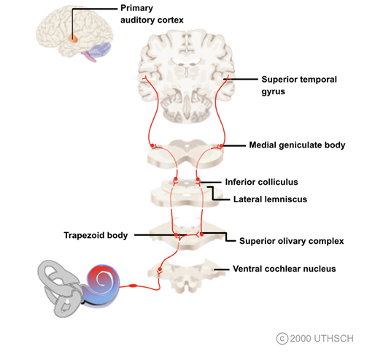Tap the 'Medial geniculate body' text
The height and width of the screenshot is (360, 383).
pos(296,145)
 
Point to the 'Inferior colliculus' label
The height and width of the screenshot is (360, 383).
pos(266,181)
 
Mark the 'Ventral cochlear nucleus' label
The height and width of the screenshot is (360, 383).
pos(284,269)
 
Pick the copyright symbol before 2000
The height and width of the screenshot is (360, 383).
pos(282,337)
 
